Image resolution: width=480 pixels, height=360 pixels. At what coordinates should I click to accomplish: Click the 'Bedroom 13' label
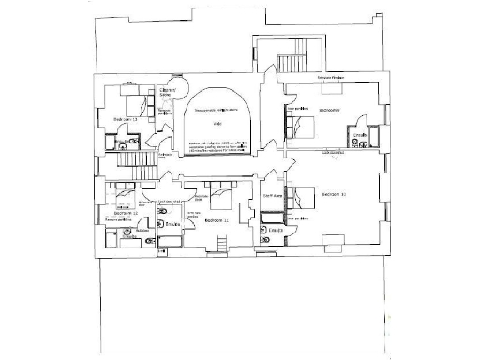pyautogui.click(x=126, y=120)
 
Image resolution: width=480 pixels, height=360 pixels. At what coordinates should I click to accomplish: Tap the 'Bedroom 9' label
pyautogui.click(x=331, y=110)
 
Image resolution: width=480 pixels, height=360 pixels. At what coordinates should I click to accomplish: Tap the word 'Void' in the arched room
pyautogui.click(x=217, y=123)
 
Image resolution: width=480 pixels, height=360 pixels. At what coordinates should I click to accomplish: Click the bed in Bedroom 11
pyautogui.click(x=222, y=197)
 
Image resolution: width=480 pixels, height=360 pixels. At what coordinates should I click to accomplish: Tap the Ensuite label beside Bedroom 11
pyautogui.click(x=172, y=225)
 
